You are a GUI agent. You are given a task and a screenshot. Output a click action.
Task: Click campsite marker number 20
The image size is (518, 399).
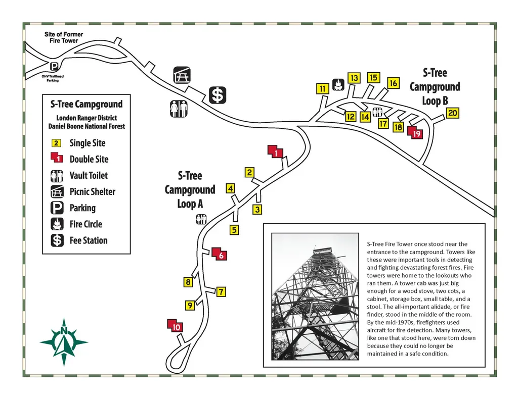coord(452,113)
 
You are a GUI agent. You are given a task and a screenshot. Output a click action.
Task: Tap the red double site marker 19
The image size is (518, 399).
coord(415,132)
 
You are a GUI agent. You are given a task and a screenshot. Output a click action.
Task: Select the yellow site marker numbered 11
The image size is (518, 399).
coord(322,89)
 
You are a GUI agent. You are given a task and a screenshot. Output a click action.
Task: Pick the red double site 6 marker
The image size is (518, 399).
coord(220,254)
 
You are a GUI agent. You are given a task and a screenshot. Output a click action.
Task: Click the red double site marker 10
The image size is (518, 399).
coord(175,325)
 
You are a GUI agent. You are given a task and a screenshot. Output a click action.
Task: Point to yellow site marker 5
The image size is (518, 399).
coord(234,230)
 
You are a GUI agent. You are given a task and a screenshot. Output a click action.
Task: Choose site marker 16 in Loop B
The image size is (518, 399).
coord(393,83)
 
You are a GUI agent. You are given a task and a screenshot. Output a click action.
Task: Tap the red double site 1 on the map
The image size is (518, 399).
coord(276,152)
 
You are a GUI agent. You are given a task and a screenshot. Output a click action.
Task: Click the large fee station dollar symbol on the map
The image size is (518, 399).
coord(218,95)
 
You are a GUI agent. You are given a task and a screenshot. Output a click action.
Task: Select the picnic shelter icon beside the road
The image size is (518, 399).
coord(182,75)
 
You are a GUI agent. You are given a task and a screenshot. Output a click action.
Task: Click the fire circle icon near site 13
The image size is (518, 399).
coord(338,85)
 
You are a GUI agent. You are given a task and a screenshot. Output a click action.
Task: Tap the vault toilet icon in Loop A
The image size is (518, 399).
coord(201,219)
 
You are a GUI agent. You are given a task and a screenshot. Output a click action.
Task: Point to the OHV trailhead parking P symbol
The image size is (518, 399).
coord(54,67)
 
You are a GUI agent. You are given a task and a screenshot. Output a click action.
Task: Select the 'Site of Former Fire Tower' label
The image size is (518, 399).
coord(64,37)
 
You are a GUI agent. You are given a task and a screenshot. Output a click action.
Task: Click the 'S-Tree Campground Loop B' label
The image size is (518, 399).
coord(435,87)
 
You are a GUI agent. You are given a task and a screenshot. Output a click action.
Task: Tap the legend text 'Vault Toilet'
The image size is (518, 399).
coord(89,175)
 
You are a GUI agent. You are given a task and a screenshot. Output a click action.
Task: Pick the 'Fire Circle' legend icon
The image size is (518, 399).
coord(57,224)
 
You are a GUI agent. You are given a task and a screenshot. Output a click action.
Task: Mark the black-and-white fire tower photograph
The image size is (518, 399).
coord(315,296)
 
